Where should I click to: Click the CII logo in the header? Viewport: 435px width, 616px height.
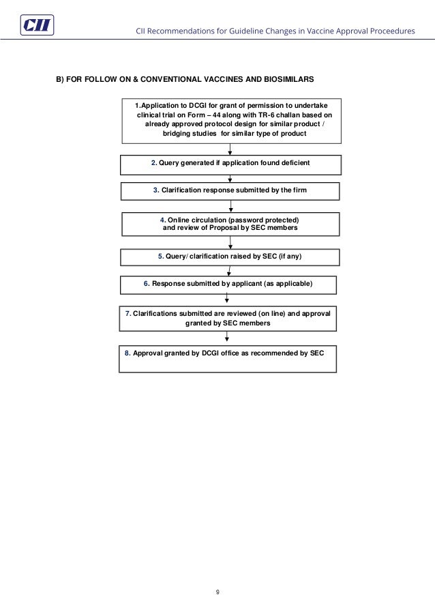point(37,26)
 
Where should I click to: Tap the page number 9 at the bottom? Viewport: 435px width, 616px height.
point(217,591)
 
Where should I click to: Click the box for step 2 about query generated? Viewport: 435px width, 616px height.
point(230,164)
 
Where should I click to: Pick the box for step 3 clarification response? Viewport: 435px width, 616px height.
point(230,190)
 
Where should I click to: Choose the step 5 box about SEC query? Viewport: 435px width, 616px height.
point(230,256)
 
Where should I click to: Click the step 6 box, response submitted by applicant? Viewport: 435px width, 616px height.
point(227,282)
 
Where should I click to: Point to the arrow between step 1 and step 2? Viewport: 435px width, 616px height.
point(230,149)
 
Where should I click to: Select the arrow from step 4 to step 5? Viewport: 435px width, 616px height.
point(230,242)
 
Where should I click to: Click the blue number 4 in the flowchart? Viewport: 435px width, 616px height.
point(162,220)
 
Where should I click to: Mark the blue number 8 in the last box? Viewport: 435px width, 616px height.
point(127,353)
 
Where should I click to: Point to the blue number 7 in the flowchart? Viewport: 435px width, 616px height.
point(127,313)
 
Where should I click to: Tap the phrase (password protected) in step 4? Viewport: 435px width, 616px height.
point(262,220)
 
